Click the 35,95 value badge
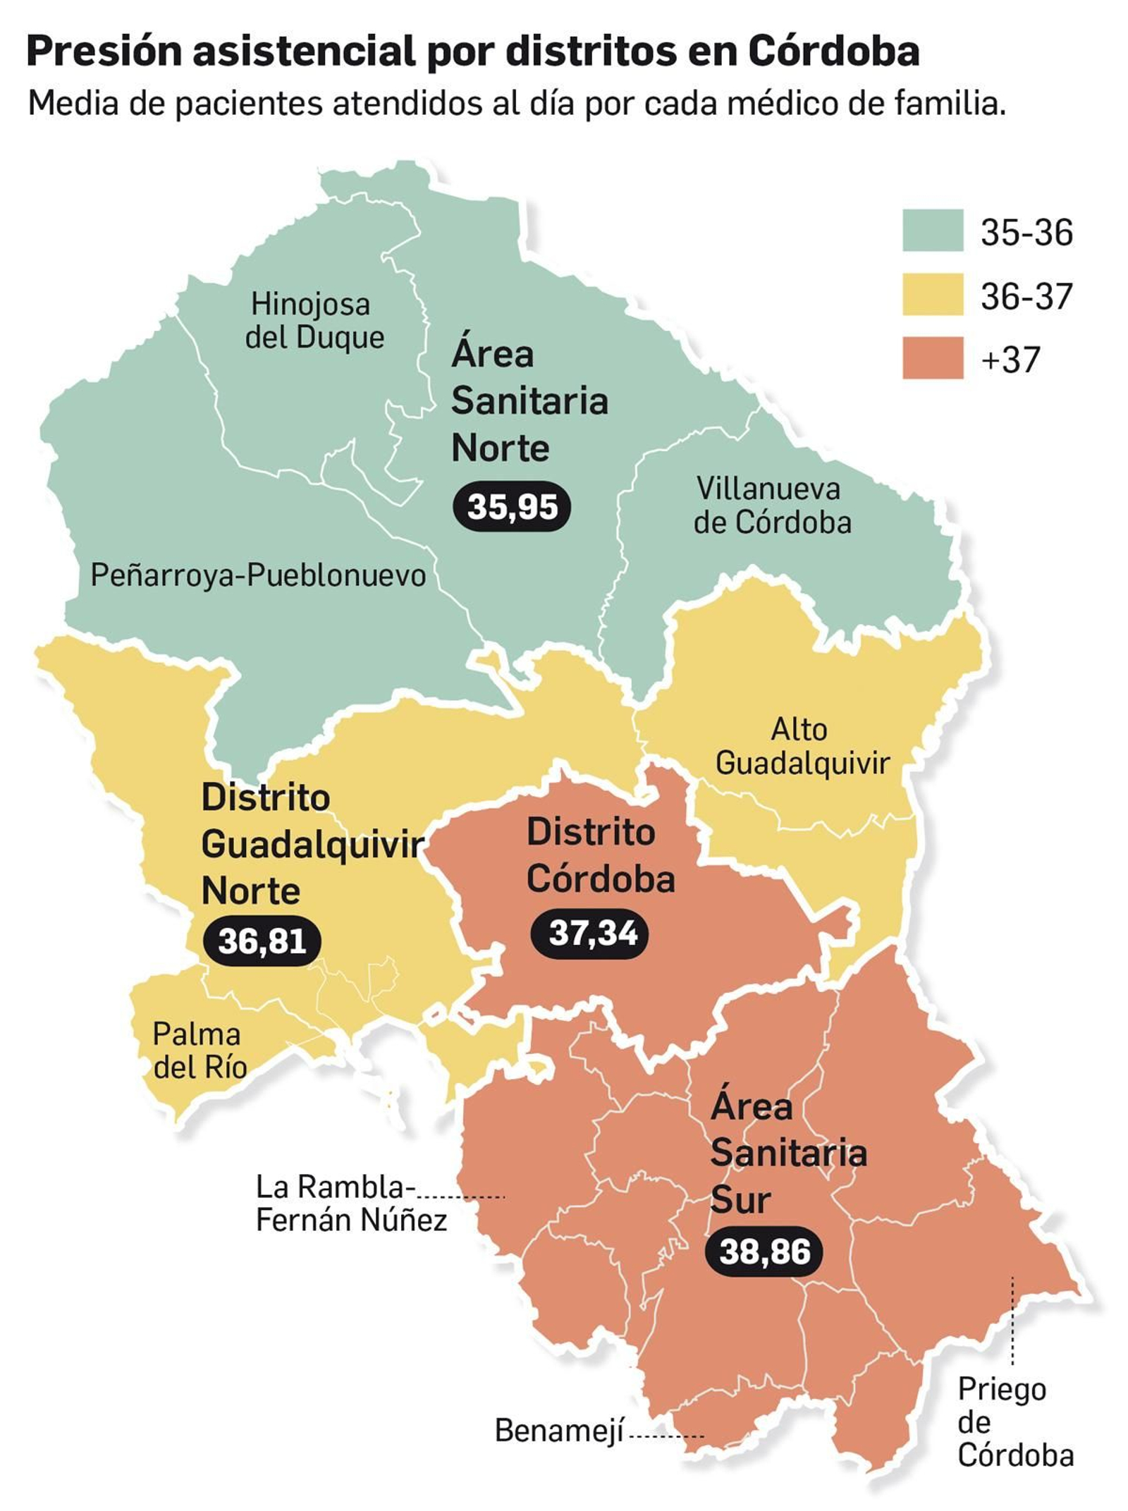click(511, 507)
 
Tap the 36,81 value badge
click(262, 941)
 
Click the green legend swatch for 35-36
click(932, 231)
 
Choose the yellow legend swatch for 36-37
click(932, 295)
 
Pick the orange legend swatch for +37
click(932, 358)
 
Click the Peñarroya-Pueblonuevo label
click(258, 575)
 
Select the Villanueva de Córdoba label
click(771, 506)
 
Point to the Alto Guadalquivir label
click(802, 746)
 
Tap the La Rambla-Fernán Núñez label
click(350, 1204)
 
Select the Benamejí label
click(558, 1430)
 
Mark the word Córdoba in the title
click(833, 51)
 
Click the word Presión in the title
click(104, 51)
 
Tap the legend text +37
click(1010, 360)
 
